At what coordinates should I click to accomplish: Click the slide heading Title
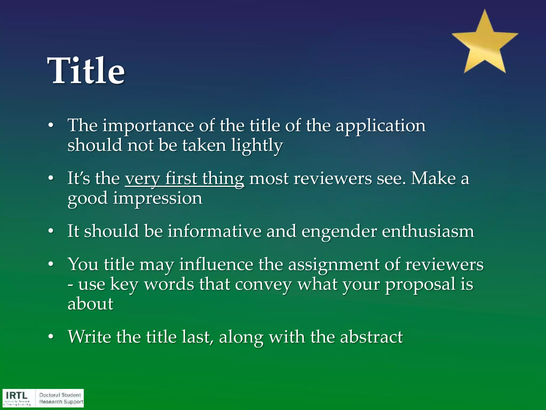click(x=86, y=71)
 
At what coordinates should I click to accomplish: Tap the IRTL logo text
click(x=17, y=395)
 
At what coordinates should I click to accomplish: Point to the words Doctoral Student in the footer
click(x=60, y=395)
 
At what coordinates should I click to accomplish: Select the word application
click(x=380, y=126)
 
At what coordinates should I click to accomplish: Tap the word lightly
click(x=257, y=145)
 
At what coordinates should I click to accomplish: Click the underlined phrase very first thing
click(x=184, y=178)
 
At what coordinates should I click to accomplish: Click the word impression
click(x=158, y=198)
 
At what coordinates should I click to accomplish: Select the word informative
click(x=214, y=231)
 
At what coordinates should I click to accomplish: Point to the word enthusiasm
click(x=428, y=231)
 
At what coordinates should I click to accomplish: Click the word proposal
click(x=420, y=285)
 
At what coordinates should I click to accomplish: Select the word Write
click(x=89, y=337)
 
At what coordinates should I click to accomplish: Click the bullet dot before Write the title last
click(x=51, y=337)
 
